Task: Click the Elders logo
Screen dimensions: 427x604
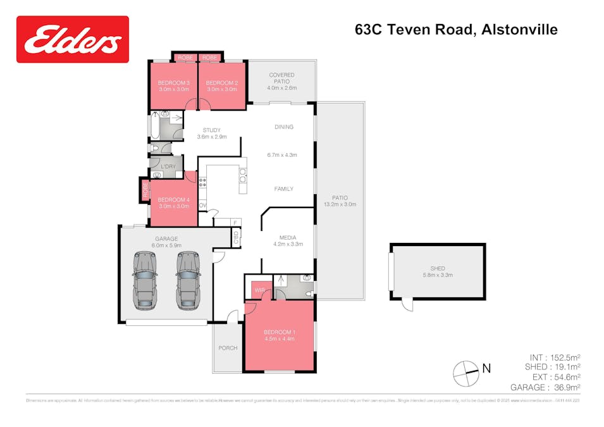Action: [73, 39]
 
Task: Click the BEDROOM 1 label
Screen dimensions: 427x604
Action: [279, 332]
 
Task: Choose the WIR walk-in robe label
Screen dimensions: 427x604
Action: [259, 290]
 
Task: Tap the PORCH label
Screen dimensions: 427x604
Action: [228, 348]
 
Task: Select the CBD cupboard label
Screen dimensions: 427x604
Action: [236, 238]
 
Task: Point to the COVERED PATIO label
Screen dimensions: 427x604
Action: [282, 78]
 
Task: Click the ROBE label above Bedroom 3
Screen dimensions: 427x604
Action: [185, 58]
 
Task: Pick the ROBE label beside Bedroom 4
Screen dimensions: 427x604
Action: [145, 190]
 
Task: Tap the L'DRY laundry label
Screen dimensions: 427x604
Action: [168, 166]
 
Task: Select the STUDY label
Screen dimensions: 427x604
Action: [211, 130]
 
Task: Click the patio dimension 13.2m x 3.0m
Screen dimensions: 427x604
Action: [340, 204]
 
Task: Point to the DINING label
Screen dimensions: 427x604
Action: [284, 127]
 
